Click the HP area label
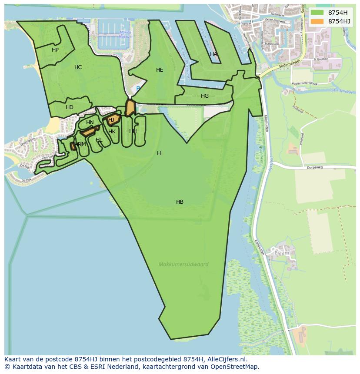[55, 50]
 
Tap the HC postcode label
[78, 67]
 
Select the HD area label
[70, 107]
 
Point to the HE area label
[160, 70]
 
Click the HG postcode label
[205, 96]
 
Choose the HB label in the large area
[180, 202]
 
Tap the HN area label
[90, 122]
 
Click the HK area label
[112, 132]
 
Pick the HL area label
[99, 140]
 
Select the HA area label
[213, 54]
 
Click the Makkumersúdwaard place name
[183, 264]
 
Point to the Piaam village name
[281, 252]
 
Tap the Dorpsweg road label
[316, 167]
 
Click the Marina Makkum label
[125, 35]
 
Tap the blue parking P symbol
[138, 89]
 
